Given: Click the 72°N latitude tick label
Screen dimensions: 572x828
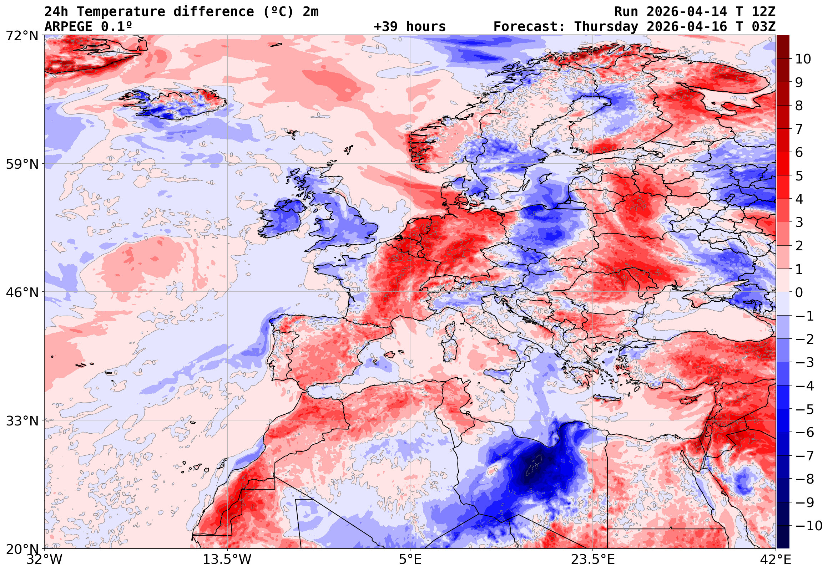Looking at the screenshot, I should tap(22, 36).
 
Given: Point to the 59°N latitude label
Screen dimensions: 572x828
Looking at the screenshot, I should tap(22, 164).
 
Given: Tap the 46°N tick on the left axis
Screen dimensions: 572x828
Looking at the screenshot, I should tap(22, 292).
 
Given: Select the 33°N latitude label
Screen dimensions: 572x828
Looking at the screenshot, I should tap(22, 421).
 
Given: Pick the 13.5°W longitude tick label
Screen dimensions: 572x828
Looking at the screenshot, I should tap(227, 560).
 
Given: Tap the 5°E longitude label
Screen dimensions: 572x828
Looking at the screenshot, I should tap(410, 560).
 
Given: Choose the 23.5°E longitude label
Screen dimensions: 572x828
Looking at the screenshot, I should tap(593, 560).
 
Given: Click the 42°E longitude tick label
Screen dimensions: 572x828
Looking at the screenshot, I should tap(775, 560).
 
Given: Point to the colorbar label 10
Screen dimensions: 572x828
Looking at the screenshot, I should tap(803, 59).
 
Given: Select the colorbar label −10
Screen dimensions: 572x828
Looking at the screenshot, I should tap(809, 526).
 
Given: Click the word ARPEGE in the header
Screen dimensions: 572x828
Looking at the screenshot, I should tap(68, 26).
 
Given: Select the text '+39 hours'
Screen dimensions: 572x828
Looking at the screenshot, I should tap(409, 26).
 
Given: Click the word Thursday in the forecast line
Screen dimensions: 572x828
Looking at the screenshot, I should tap(606, 26).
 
